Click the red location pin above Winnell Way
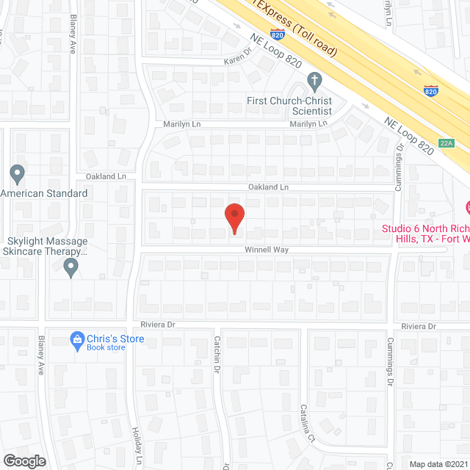pos(234,218)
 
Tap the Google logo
pos(24,460)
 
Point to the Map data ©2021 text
pos(438,463)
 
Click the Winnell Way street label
pos(267,250)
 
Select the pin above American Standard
pos(18,175)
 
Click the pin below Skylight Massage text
pos(70,267)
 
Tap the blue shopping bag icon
pos(76,339)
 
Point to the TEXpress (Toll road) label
pos(294,29)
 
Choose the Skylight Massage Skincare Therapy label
pos(46,246)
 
